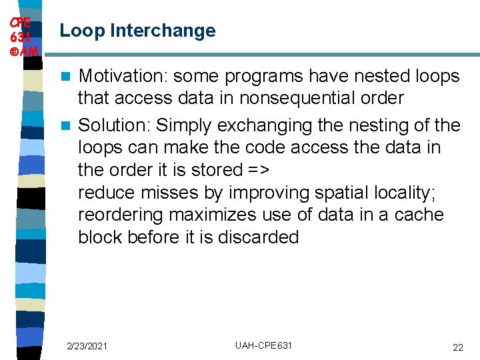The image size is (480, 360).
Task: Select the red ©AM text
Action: (22, 50)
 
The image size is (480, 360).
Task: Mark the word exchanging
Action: (267, 125)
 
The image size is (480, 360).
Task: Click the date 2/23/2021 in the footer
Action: (87, 347)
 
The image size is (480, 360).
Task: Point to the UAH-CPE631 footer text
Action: (263, 345)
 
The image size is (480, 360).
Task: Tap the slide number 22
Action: (457, 347)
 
